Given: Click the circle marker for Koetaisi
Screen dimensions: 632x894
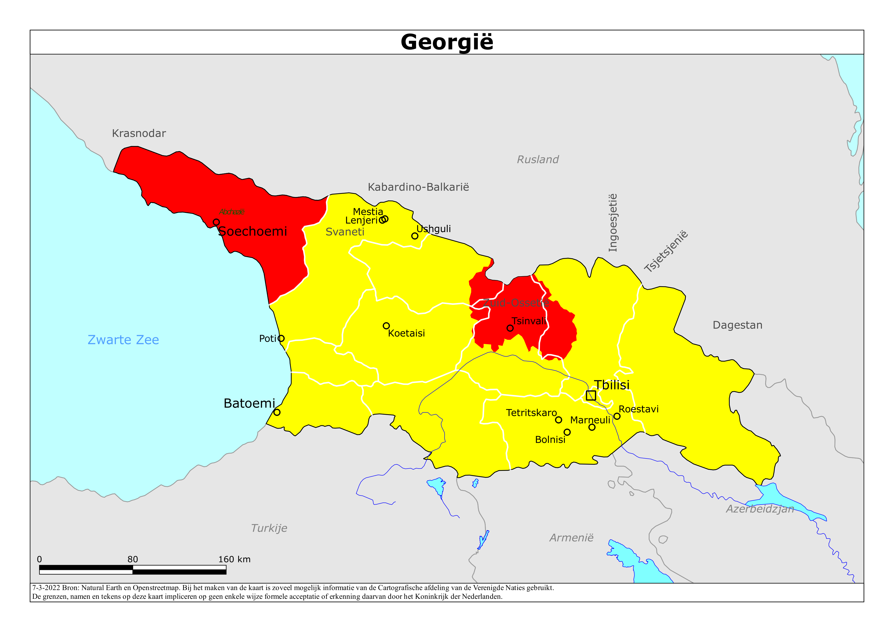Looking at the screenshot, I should [386, 326].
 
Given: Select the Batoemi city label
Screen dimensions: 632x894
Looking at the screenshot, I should [249, 403].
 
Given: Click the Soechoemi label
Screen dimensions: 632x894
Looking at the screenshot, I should [252, 231].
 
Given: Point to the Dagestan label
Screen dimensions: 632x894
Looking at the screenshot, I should [737, 325].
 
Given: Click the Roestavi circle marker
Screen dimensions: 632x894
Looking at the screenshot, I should [617, 416].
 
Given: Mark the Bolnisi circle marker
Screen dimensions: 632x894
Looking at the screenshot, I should [567, 432].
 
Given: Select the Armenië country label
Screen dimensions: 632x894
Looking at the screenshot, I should [571, 538].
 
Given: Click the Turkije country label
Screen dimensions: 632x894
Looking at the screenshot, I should [269, 528].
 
